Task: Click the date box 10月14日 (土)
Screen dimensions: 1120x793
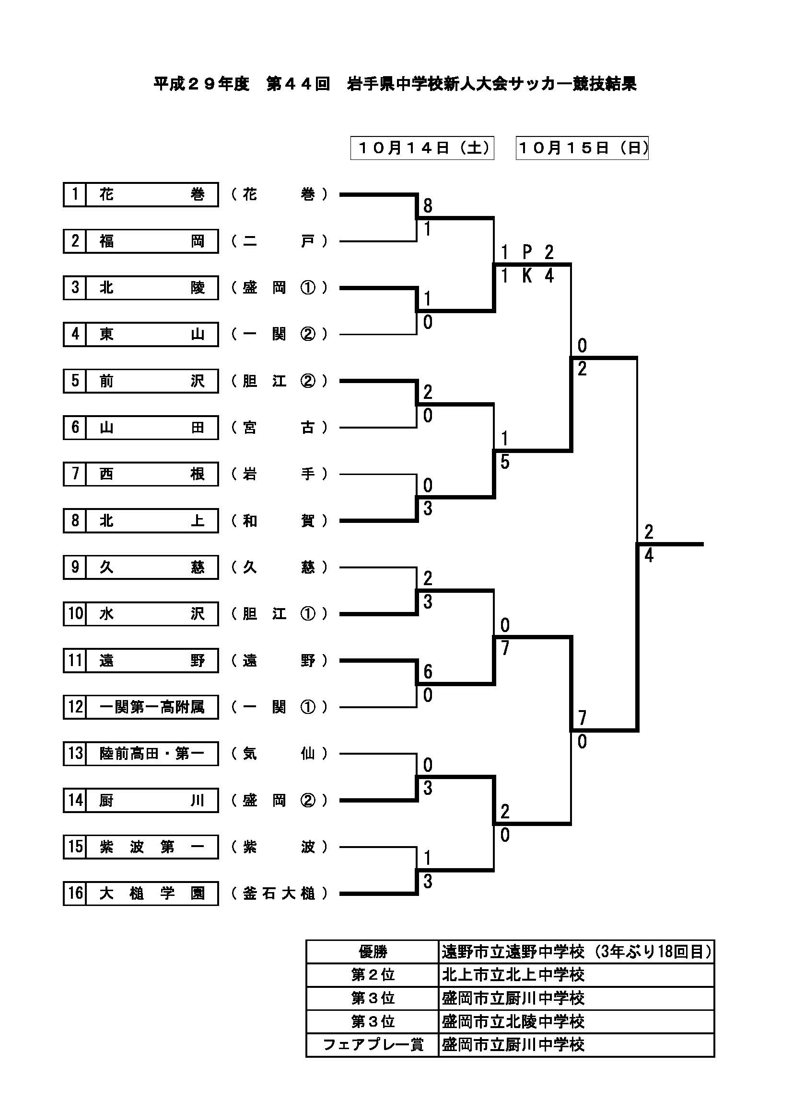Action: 422,148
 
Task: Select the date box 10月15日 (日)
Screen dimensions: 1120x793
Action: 582,148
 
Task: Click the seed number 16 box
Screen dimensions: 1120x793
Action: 75,893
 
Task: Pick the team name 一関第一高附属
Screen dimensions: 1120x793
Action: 152,707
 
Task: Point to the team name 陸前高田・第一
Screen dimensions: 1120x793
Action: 152,754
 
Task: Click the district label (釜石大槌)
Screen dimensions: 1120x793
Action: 279,893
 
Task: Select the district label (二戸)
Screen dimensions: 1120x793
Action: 279,241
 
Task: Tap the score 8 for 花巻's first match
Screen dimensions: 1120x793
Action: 428,206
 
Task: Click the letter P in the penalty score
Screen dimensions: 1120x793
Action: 527,252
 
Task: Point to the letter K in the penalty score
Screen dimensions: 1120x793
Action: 527,276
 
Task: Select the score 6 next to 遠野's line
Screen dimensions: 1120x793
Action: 428,672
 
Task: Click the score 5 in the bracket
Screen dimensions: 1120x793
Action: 505,462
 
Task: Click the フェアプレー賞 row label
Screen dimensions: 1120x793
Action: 373,1045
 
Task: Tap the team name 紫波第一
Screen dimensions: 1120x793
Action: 152,847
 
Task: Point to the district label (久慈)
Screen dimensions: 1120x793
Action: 279,567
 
